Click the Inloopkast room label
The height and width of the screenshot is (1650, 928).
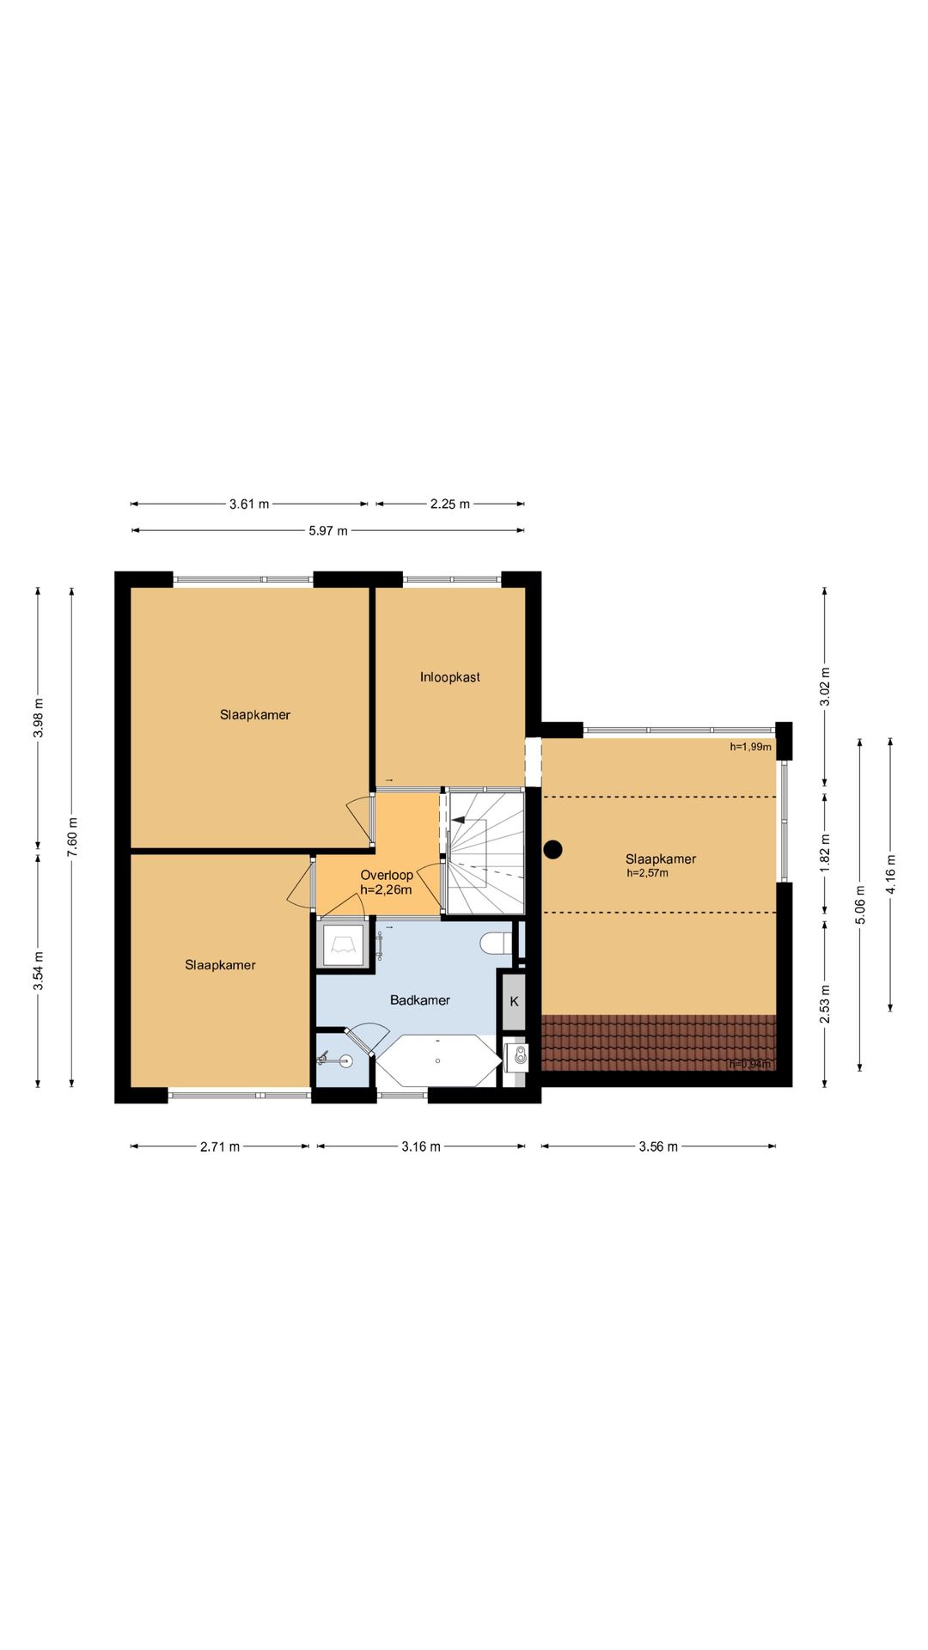point(449,677)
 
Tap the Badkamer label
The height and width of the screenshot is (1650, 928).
point(420,1000)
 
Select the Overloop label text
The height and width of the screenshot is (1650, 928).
point(387,876)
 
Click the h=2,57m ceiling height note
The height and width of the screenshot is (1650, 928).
point(648,873)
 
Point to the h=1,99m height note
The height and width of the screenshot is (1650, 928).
point(751,747)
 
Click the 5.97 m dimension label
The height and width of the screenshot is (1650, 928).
point(328,531)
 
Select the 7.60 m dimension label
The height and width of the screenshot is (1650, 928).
point(73,836)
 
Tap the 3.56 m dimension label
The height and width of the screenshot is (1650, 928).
point(658,1146)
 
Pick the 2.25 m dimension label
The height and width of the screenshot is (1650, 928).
point(450,504)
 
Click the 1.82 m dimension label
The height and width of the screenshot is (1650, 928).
point(825,853)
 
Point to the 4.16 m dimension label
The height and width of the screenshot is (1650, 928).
point(891,874)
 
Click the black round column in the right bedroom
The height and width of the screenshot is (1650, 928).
point(553,850)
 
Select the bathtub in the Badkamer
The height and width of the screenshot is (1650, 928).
point(438,1060)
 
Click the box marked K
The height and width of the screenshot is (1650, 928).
point(514,1001)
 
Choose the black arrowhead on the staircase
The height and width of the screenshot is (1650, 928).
point(459,821)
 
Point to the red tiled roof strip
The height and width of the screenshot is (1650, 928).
point(659,1042)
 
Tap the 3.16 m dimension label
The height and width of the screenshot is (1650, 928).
point(421,1146)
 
